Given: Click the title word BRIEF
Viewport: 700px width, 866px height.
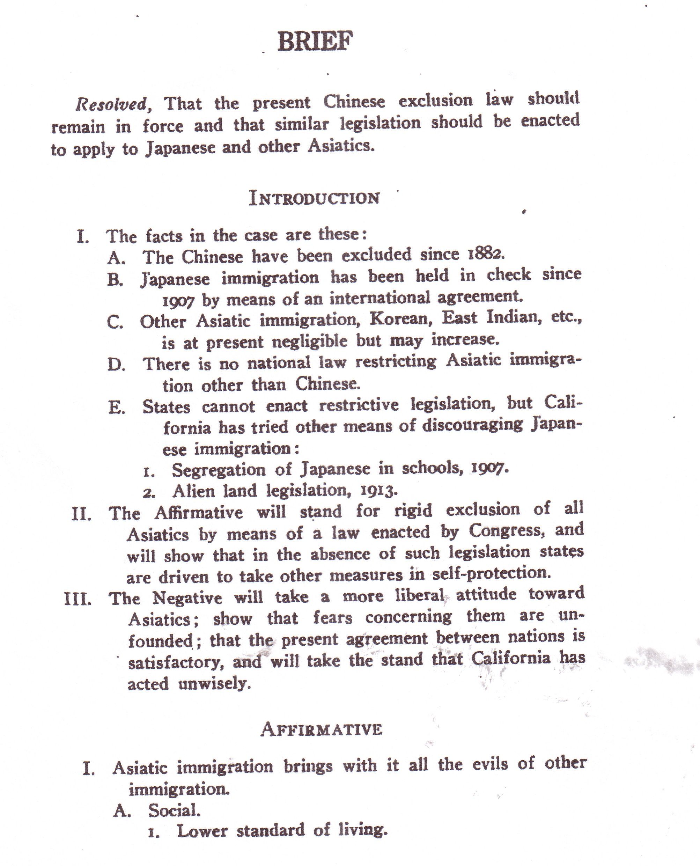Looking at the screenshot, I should tap(315, 41).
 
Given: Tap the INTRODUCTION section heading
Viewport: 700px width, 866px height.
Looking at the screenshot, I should tap(314, 198).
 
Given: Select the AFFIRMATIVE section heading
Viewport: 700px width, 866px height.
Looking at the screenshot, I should tap(321, 729).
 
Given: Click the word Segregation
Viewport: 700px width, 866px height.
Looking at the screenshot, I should tap(219, 470).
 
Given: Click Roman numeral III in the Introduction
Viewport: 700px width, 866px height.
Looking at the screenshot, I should tap(78, 599).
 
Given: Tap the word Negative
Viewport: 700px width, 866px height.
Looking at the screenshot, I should tap(187, 598).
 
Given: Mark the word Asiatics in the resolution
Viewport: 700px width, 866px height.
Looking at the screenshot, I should tap(341, 146).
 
